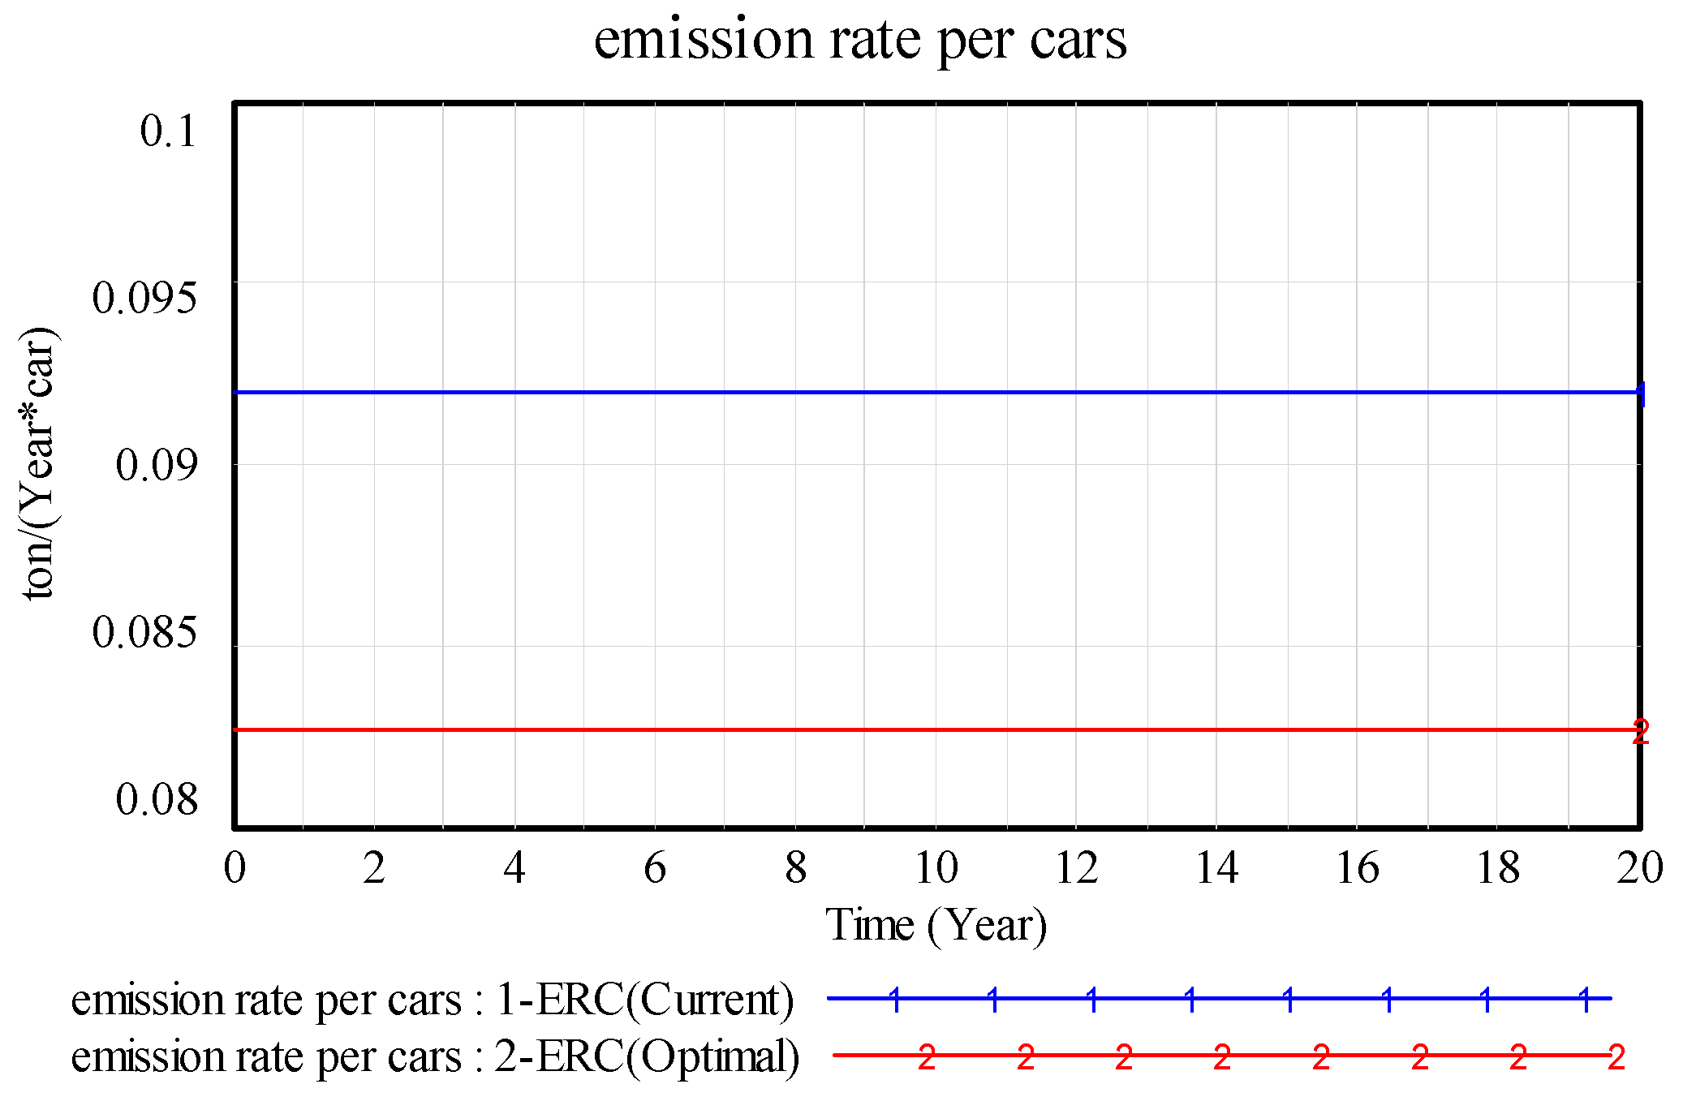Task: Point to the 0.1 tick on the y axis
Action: tap(168, 131)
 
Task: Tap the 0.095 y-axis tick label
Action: tap(144, 298)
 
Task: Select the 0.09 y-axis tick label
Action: tap(157, 465)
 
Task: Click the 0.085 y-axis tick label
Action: tap(144, 632)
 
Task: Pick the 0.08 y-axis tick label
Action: tap(157, 799)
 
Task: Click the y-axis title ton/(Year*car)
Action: tap(38, 463)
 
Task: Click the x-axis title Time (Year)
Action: tap(936, 924)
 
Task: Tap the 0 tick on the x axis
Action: tap(235, 867)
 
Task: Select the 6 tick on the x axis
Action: tap(655, 867)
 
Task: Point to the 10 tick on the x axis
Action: tap(936, 867)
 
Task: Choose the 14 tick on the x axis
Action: tap(1217, 867)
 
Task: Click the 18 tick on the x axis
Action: tap(1498, 867)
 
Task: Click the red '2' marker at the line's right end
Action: tap(1640, 732)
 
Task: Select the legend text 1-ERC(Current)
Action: tap(645, 999)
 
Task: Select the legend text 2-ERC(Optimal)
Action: tap(648, 1056)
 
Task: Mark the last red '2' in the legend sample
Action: tap(1616, 1057)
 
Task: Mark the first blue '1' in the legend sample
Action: tap(895, 1000)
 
